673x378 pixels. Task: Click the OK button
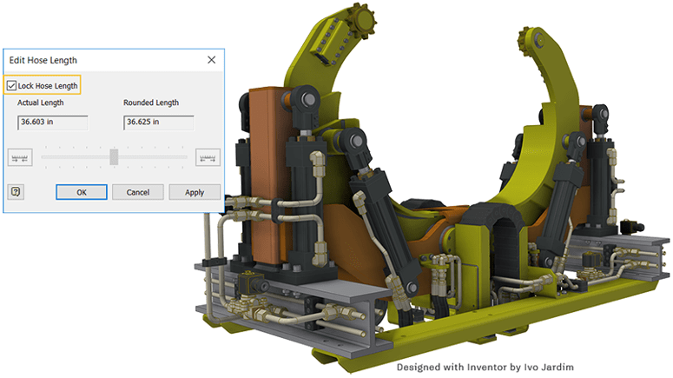[x=82, y=192]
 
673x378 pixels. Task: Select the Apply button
[x=195, y=192]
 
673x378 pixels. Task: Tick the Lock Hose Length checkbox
[x=11, y=85]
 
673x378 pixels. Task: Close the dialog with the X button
[x=212, y=60]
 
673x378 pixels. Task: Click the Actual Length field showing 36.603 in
[x=53, y=123]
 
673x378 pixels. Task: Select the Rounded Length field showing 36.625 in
[x=159, y=123]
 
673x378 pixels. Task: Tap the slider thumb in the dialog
[x=114, y=156]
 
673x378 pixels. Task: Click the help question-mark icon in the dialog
[x=16, y=191]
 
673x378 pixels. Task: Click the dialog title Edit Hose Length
[x=43, y=60]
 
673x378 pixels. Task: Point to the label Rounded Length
[x=151, y=103]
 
